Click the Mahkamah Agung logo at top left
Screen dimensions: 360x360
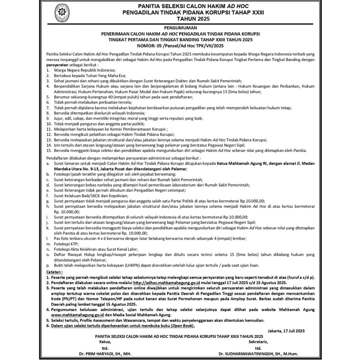[x=62, y=13]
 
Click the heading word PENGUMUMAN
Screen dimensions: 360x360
[x=180, y=28]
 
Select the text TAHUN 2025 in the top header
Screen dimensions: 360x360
[x=193, y=19]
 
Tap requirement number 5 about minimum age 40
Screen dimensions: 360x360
[x=48, y=96]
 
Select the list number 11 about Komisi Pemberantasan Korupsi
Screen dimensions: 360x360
[x=49, y=129]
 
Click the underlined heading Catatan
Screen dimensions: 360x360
[x=54, y=272]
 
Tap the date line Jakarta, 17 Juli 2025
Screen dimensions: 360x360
[x=286, y=331]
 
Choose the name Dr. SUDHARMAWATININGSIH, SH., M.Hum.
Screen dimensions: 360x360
[x=258, y=354]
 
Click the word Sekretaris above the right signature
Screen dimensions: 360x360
[x=258, y=342]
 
